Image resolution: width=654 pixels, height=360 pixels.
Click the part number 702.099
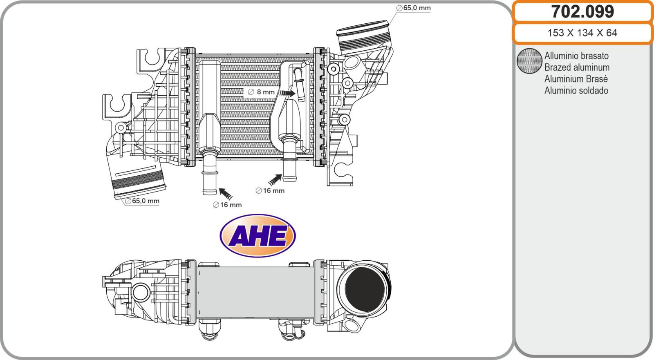coord(582,12)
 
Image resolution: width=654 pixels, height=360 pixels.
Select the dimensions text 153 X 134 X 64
coord(582,33)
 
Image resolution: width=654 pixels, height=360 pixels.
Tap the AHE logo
coord(258,236)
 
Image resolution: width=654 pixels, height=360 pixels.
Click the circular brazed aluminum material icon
coord(529,61)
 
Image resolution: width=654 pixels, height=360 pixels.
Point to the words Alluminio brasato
coord(576,56)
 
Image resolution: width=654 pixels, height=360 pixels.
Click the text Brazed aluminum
coord(577,67)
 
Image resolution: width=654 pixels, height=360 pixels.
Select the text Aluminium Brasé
coord(576,79)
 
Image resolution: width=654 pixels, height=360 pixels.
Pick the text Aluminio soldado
coord(576,91)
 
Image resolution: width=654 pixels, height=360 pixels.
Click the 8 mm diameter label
coord(261,92)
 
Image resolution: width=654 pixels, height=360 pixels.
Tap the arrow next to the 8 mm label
coord(287,93)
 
